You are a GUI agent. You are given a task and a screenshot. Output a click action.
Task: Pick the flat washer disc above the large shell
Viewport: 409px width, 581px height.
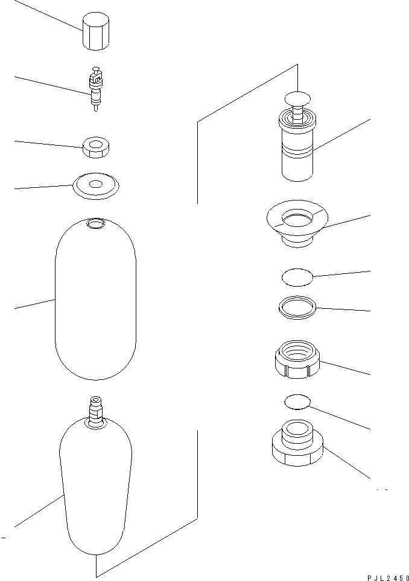point(95,185)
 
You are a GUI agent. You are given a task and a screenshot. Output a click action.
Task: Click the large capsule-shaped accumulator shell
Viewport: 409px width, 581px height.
point(95,301)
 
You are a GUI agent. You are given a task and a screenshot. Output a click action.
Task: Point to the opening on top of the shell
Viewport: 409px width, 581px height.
point(95,225)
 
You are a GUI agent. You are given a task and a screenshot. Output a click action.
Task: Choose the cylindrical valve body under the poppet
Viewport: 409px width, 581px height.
point(298,151)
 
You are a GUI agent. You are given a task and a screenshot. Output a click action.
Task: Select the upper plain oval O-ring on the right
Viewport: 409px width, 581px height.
point(297,277)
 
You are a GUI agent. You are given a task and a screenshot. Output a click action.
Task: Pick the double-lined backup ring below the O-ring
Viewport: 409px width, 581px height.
point(297,307)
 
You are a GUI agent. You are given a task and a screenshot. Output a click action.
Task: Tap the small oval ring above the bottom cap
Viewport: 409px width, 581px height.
point(296,402)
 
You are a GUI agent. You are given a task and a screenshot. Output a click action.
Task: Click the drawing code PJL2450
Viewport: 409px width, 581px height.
point(387,576)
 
